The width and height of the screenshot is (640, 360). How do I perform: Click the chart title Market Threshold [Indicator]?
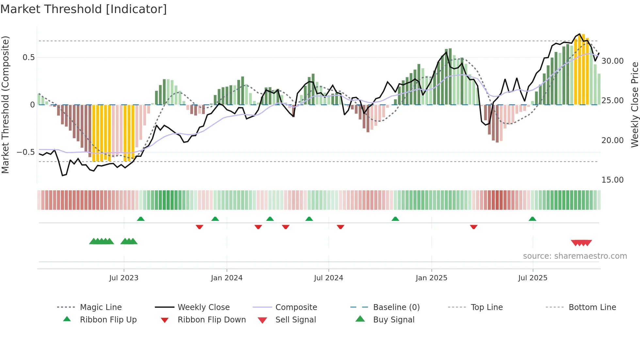84,9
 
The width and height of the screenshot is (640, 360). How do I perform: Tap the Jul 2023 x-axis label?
124,278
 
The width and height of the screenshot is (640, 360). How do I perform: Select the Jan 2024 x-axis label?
227,278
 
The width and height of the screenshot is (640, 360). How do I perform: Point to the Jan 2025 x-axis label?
431,278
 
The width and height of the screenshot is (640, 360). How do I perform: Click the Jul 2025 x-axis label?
533,278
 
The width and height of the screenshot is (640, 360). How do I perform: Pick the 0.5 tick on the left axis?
29,57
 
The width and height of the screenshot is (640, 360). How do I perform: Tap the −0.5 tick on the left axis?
26,152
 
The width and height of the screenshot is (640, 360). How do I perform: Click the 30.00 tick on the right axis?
613,61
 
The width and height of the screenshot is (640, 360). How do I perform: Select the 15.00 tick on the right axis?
613,180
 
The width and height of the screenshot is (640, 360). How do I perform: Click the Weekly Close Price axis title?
634,105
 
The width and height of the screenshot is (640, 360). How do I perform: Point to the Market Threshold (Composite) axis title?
5,105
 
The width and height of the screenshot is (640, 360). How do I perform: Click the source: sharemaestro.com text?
575,256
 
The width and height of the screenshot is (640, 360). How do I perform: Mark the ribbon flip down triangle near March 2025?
474,227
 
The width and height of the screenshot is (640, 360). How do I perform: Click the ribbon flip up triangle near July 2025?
533,219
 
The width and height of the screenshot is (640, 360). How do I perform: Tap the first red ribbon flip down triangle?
200,227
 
